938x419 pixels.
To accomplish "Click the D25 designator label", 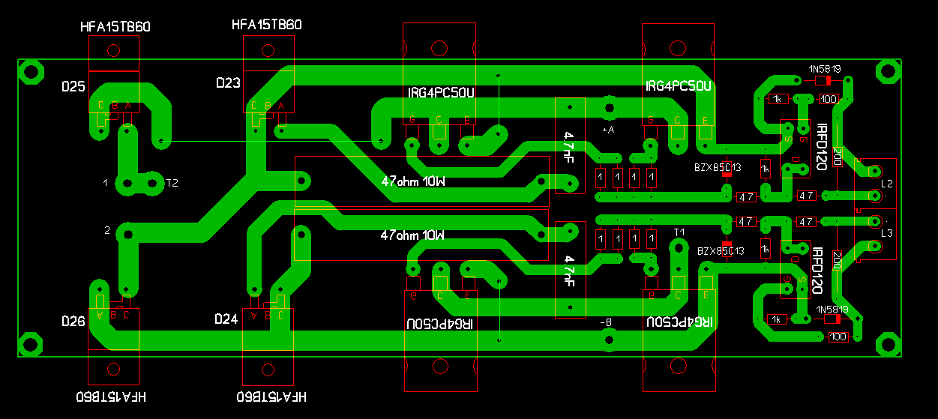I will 73,87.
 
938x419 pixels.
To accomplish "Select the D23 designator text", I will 227,83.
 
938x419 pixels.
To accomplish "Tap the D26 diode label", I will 73,321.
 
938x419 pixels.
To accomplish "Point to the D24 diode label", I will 226,319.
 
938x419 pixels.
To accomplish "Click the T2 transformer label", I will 172,183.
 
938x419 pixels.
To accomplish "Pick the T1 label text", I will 679,232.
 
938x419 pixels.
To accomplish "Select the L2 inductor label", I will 887,183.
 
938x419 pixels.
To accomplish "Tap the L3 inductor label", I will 887,233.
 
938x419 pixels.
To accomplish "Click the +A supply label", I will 608,130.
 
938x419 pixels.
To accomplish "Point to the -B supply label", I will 607,322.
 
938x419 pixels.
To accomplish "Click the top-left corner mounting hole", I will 31,73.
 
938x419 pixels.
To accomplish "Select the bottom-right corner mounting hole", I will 889,343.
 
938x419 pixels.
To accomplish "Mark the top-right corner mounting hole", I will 889,73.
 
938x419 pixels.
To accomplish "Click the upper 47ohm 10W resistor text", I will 412,181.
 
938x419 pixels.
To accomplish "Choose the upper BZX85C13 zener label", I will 718,167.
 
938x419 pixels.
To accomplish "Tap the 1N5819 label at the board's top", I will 824,69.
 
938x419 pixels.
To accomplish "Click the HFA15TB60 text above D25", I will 115,27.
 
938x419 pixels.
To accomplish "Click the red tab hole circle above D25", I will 114,51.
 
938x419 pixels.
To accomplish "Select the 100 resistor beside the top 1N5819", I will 829,98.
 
